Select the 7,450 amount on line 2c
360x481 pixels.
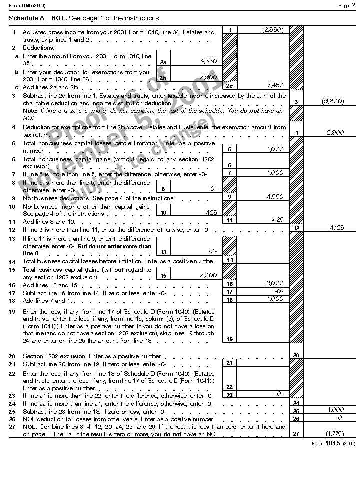tap(275, 85)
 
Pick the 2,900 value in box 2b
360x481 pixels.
tap(208, 77)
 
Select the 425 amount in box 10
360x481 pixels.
tap(211, 212)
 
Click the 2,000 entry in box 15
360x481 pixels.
tap(208, 275)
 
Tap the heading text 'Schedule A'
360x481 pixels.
tap(26, 18)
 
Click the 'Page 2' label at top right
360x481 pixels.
tap(346, 5)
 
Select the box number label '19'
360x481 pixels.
tap(229, 339)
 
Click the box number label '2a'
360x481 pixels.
tap(163, 62)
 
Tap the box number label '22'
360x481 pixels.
tap(229, 386)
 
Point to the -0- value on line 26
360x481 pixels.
tap(339, 417)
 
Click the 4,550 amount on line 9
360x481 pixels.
tap(275, 196)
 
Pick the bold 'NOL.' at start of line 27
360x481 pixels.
tap(30, 427)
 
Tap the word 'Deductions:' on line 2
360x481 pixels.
tap(38, 48)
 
